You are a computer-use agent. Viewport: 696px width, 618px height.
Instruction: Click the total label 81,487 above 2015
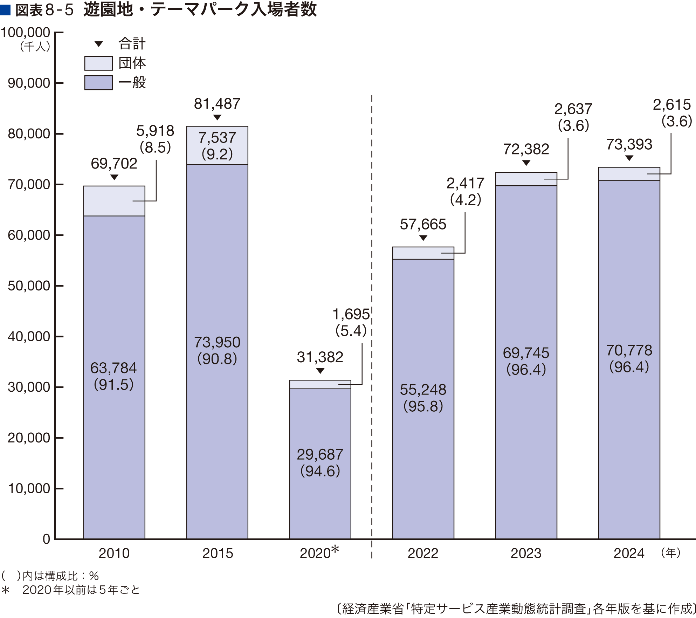click(217, 104)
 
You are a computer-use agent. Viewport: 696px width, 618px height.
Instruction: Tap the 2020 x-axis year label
click(315, 553)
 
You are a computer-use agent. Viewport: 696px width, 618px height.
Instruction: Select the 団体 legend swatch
click(98, 63)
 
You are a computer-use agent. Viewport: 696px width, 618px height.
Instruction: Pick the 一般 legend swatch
click(98, 83)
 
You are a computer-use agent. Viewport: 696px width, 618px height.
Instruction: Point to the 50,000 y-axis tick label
click(29, 286)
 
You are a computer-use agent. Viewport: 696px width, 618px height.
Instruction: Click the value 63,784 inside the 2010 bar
click(113, 368)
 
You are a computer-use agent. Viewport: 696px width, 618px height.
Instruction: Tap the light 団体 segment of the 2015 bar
click(217, 145)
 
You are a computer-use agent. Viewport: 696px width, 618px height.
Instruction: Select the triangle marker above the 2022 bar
click(423, 238)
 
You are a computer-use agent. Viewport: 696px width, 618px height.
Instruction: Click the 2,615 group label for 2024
click(672, 104)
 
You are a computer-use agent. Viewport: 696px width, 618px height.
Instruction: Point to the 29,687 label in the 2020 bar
click(320, 454)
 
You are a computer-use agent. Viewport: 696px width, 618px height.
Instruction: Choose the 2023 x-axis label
click(526, 553)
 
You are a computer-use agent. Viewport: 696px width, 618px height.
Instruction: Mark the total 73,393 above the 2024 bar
click(629, 144)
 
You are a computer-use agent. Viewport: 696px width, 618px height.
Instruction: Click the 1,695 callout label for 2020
click(351, 314)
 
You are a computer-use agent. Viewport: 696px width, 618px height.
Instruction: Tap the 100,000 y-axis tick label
click(26, 33)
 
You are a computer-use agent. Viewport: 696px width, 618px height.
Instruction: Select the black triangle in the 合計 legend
click(99, 44)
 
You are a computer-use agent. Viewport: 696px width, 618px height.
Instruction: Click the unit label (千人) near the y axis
click(35, 47)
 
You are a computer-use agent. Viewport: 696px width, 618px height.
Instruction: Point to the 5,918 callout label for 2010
click(155, 131)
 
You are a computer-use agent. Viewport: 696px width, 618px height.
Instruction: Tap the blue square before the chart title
click(5, 10)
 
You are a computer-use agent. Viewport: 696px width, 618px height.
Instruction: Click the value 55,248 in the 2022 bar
click(423, 390)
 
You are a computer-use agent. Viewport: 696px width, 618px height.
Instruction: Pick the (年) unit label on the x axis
click(670, 552)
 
